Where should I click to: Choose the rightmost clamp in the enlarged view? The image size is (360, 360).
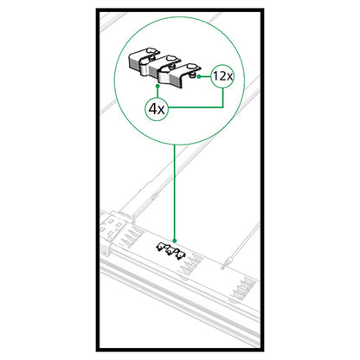pyautogui.click(x=190, y=74)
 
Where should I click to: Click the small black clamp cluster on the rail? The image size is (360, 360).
pyautogui.click(x=171, y=251)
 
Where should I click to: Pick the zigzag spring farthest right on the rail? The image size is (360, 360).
pyautogui.click(x=247, y=285)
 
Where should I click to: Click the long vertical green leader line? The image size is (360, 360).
pyautogui.click(x=175, y=190)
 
